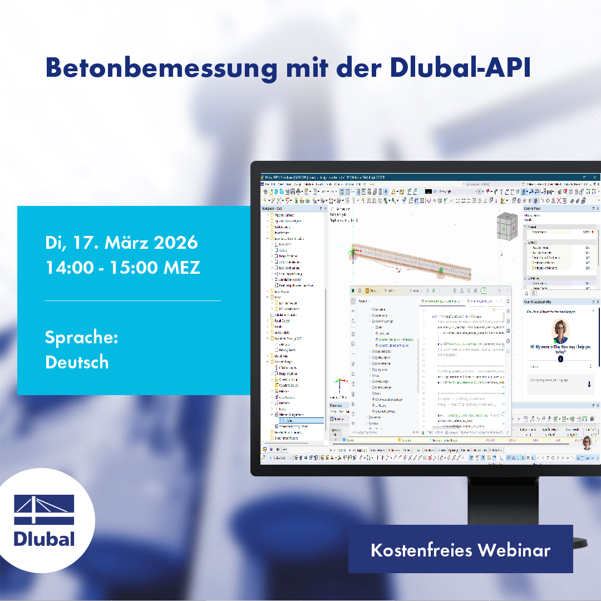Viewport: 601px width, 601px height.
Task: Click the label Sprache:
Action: [81, 338]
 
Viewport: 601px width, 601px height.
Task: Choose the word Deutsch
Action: [77, 362]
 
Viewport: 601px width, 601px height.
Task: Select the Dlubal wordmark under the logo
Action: [45, 538]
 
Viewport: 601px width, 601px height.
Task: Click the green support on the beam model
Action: [441, 272]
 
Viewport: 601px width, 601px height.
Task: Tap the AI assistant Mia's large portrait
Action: [560, 331]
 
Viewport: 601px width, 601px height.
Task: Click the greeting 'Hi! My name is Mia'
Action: [560, 349]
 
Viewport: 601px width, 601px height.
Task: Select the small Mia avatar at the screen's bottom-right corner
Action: [587, 443]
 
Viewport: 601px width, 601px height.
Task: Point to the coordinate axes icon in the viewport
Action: [338, 385]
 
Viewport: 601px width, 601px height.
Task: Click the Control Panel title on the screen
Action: [534, 209]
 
